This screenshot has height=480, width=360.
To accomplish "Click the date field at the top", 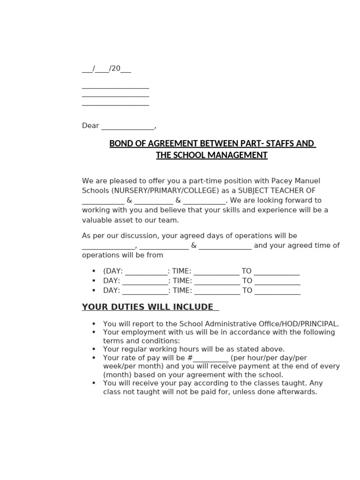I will pyautogui.click(x=106, y=69).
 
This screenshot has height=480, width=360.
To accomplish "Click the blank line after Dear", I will pyautogui.click(x=127, y=126).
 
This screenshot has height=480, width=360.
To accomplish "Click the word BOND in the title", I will pyautogui.click(x=120, y=143).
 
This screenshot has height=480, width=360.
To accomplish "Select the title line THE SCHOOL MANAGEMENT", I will pyautogui.click(x=211, y=155).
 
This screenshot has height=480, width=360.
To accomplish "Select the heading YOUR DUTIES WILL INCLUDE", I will pyautogui.click(x=148, y=307).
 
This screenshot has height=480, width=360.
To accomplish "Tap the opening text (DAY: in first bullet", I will pyautogui.click(x=113, y=271).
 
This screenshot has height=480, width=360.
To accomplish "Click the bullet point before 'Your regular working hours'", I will pyautogui.click(x=94, y=350).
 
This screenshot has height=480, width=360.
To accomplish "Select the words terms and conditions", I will pyautogui.click(x=141, y=341).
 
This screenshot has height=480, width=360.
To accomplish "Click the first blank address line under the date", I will pyautogui.click(x=115, y=87).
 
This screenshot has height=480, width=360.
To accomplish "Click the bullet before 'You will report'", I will pyautogui.click(x=94, y=324).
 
